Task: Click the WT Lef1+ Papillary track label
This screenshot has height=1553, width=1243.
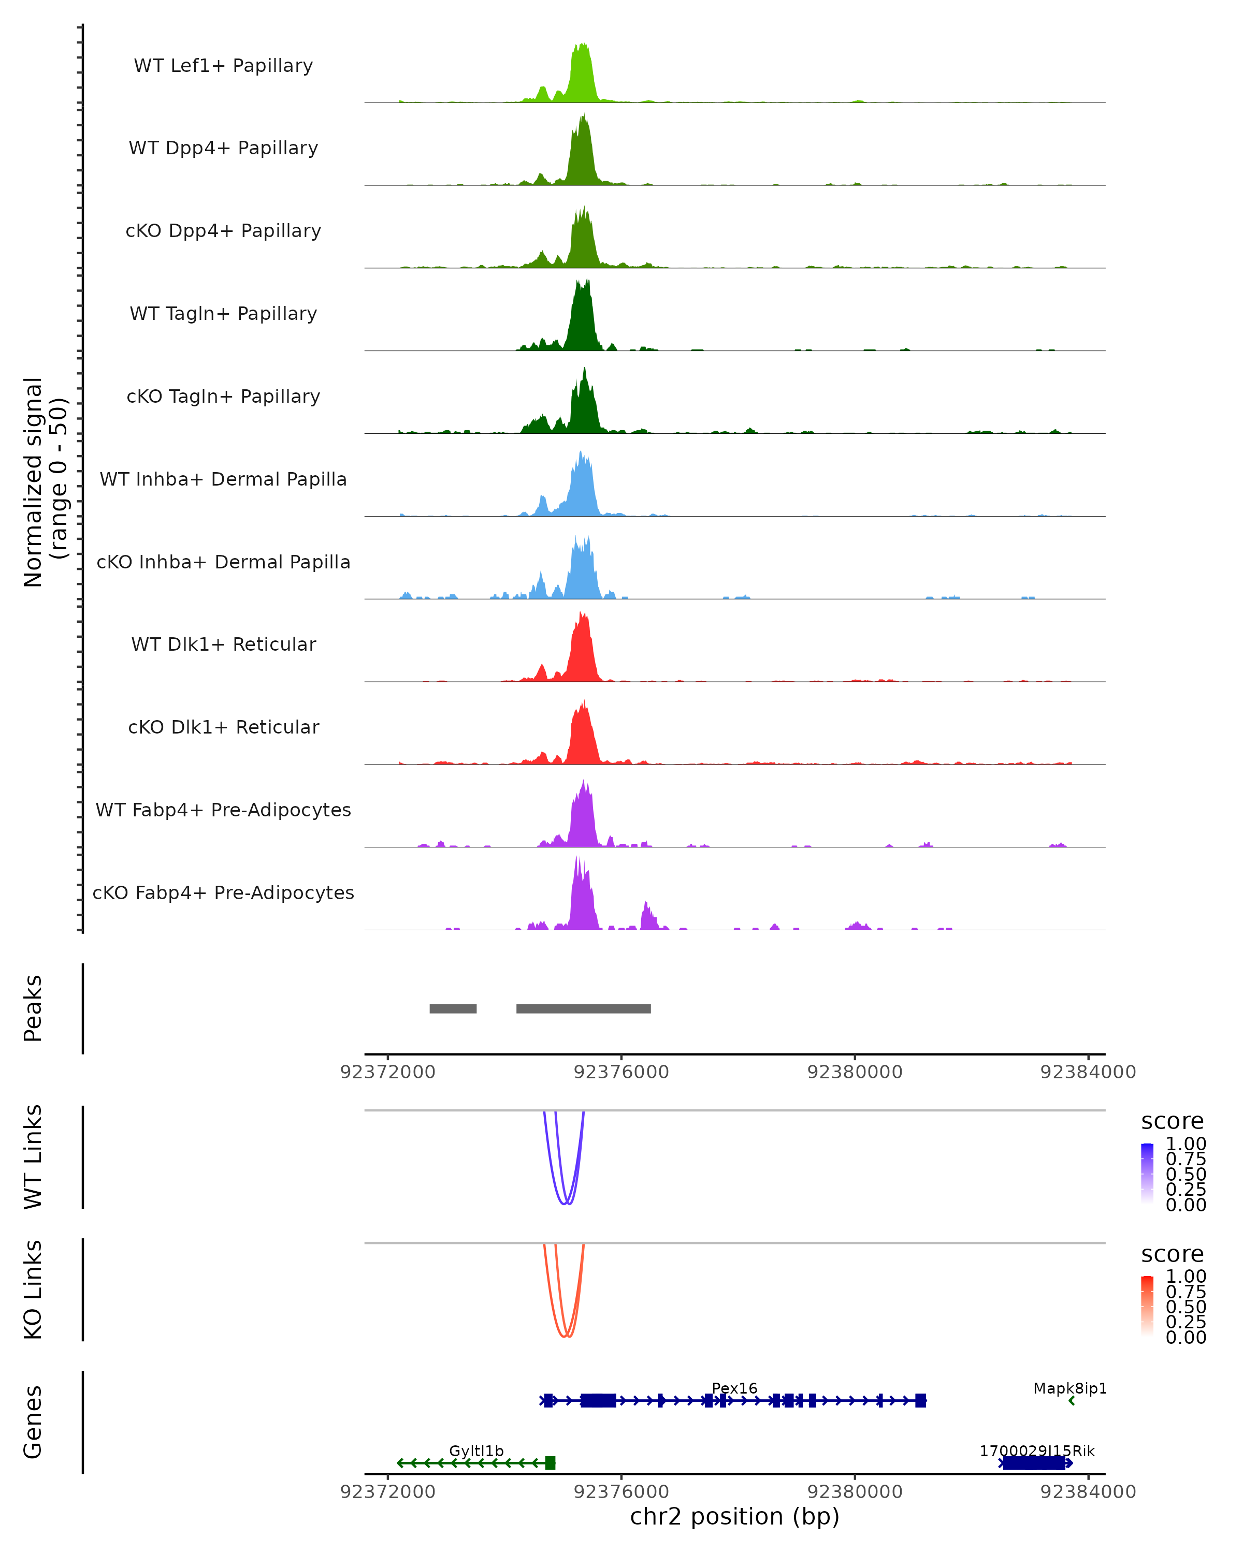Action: click(x=223, y=66)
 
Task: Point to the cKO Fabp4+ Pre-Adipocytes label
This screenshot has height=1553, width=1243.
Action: click(x=223, y=892)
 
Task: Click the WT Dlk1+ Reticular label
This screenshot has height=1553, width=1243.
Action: click(x=223, y=644)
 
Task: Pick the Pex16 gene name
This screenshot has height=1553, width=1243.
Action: click(x=734, y=1388)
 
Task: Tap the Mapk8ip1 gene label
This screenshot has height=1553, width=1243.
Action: click(x=1069, y=1388)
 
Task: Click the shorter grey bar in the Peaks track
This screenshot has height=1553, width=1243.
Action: click(x=453, y=1008)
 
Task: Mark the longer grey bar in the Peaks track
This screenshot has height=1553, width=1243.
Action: click(x=583, y=1008)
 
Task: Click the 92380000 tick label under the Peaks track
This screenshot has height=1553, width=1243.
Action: click(x=855, y=1072)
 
